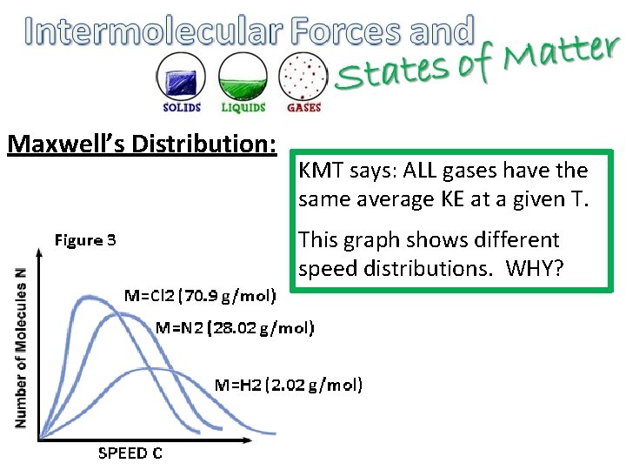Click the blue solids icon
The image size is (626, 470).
coord(182,77)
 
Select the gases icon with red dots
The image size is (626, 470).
coord(303,77)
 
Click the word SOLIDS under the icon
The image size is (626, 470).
coord(182,108)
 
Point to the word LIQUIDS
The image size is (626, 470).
coord(243,108)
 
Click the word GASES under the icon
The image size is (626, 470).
coord(303,108)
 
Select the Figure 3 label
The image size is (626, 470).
coord(85,239)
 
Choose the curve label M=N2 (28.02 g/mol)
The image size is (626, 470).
coord(235,328)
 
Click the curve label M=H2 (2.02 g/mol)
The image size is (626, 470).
coord(289,384)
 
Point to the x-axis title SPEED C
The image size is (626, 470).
coord(130,452)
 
